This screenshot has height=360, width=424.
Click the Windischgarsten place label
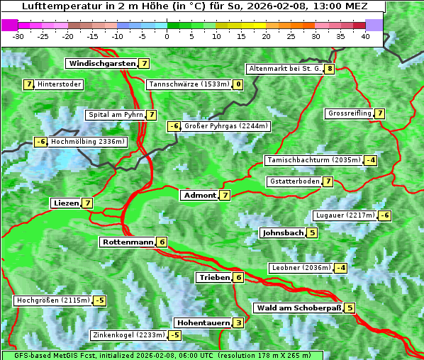point(101,64)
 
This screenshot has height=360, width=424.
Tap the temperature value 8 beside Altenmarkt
point(330,69)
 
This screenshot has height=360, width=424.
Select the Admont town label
point(199,196)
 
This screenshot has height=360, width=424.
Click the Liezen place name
point(66,203)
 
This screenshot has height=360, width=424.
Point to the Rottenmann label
point(127,242)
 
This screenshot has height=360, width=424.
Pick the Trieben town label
point(214,278)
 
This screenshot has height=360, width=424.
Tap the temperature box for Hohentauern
point(238,323)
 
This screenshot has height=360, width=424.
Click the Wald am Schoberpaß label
point(298,308)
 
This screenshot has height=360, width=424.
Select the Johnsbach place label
point(282,233)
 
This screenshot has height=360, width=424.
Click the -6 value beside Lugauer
point(384,215)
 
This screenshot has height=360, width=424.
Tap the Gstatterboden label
point(294,181)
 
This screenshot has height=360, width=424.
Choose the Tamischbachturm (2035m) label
point(312,160)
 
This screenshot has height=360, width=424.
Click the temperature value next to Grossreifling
point(380,113)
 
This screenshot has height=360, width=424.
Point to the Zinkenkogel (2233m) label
point(128,335)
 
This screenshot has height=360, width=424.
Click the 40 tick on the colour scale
point(365,35)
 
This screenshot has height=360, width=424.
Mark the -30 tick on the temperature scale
point(18,35)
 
